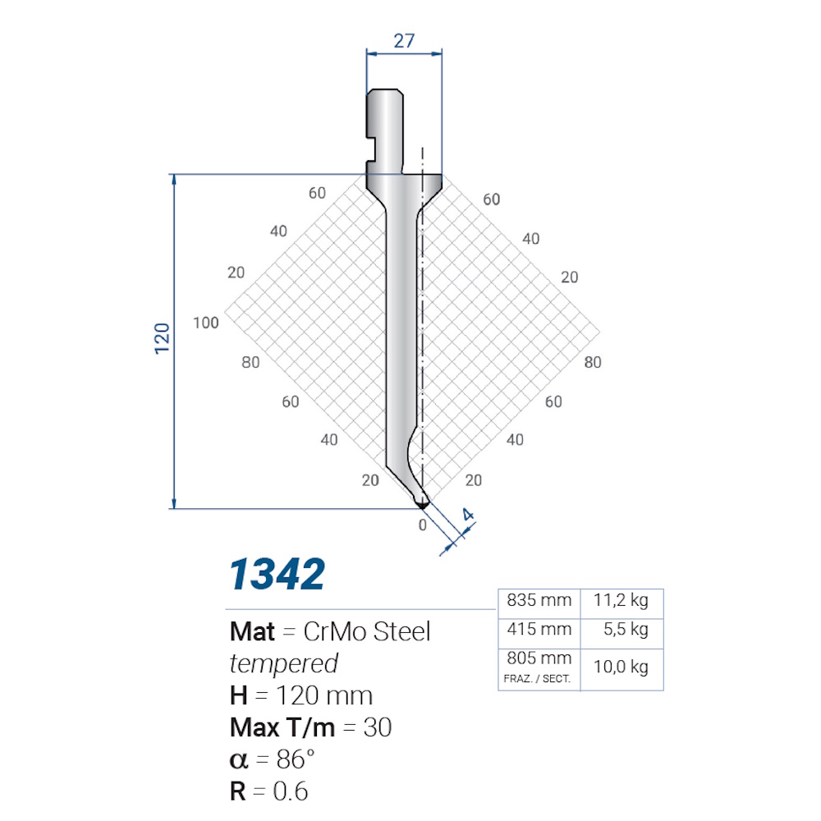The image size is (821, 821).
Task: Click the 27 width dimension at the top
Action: tap(404, 41)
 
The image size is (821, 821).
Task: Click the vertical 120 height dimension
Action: tap(163, 339)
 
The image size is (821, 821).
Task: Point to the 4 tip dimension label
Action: tap(468, 515)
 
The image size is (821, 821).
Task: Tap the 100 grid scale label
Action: tap(206, 323)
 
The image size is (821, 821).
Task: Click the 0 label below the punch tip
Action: tap(423, 525)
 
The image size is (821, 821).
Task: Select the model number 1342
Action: tap(277, 575)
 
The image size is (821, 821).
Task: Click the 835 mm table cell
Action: tap(539, 600)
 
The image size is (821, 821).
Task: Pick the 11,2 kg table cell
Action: tap(621, 601)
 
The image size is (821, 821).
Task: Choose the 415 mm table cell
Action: tap(539, 629)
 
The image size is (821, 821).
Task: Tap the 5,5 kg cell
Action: tap(626, 630)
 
